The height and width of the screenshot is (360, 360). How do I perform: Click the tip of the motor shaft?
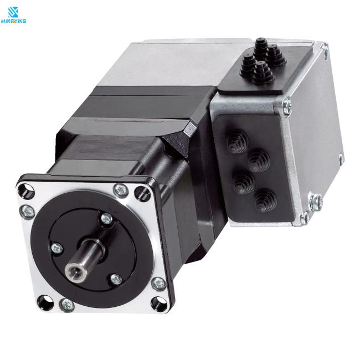tap(74, 270)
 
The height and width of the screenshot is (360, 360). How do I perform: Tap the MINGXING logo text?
tap(13, 21)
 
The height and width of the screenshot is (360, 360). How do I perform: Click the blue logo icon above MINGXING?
tap(13, 12)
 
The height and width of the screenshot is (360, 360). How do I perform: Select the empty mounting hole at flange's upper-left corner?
tap(26, 191)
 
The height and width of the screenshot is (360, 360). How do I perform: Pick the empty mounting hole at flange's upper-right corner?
tap(142, 193)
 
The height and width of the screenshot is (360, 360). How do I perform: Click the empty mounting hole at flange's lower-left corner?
tap(45, 302)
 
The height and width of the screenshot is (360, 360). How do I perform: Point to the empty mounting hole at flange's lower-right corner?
tap(159, 304)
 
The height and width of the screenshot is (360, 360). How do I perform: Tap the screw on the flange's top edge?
tap(121, 190)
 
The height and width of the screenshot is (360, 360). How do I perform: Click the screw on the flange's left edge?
tap(28, 212)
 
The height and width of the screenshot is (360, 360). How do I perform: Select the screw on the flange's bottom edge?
tap(67, 305)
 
